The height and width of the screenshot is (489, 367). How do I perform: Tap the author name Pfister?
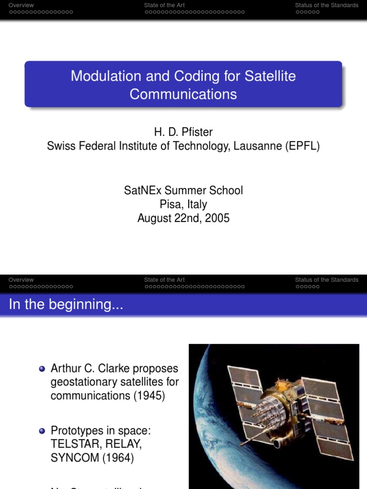(x=197, y=132)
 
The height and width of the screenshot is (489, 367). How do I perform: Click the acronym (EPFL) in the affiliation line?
(x=302, y=146)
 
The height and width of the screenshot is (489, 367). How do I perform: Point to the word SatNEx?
(x=141, y=190)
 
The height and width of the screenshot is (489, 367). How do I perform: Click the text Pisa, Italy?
(x=183, y=204)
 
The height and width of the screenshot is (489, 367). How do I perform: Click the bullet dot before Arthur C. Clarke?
(x=42, y=369)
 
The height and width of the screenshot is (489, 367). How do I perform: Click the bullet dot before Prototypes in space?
(x=42, y=431)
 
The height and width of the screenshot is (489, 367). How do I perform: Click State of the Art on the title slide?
(x=164, y=5)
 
